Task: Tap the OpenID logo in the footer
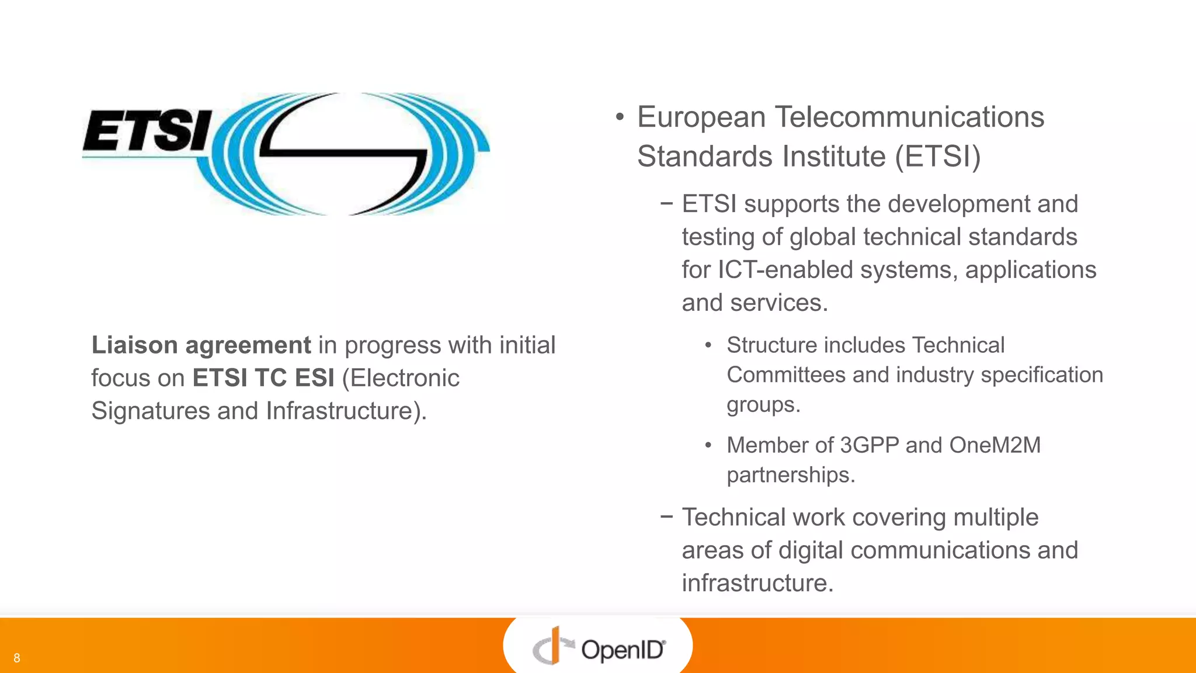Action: pos(599,647)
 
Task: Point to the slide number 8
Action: pos(17,658)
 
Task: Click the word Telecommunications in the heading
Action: pos(909,117)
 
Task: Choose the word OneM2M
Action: pos(995,445)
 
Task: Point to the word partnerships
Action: pos(791,476)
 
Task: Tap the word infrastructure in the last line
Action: pos(757,583)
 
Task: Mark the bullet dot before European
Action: pos(620,117)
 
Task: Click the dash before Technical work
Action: pos(666,516)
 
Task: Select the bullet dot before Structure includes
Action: pos(708,346)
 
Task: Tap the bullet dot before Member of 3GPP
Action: pos(708,446)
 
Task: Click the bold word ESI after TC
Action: pos(314,378)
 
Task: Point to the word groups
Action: pos(763,405)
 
